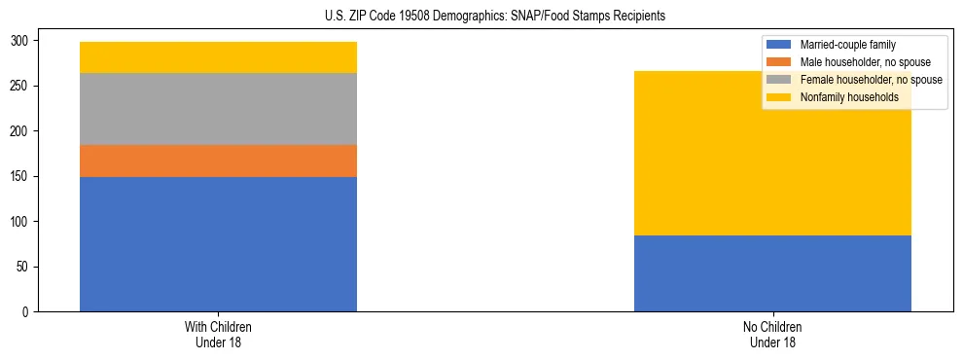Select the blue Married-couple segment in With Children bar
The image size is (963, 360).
(x=218, y=244)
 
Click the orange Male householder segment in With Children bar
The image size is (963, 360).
(x=218, y=161)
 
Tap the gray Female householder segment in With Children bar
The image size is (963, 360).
(x=218, y=109)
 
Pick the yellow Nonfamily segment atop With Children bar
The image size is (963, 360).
(x=218, y=57)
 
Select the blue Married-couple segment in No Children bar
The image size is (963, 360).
(x=772, y=273)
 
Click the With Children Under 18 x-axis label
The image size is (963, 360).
(x=218, y=334)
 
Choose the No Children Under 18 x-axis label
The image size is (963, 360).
(x=772, y=334)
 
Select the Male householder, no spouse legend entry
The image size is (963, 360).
(x=857, y=62)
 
